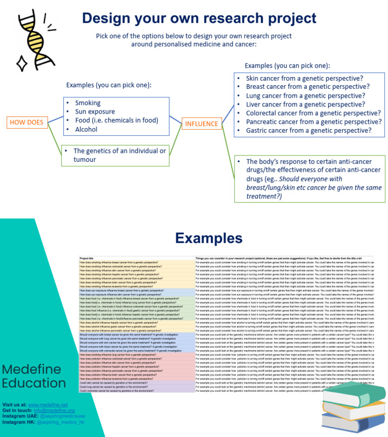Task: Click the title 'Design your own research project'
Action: pyautogui.click(x=199, y=18)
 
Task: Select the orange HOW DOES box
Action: pyautogui.click(x=27, y=122)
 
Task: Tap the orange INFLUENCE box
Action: pyautogui.click(x=202, y=124)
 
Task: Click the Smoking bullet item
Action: pyautogui.click(x=87, y=103)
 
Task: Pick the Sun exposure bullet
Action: pyautogui.click(x=94, y=112)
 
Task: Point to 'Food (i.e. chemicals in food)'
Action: pyautogui.click(x=116, y=120)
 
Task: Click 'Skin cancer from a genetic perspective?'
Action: pyautogui.click(x=305, y=79)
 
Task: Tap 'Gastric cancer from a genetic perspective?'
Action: pyautogui.click(x=308, y=130)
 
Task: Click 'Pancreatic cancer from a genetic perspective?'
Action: pyautogui.click(x=313, y=122)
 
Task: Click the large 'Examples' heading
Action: pyautogui.click(x=209, y=238)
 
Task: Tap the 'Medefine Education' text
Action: pyautogui.click(x=34, y=375)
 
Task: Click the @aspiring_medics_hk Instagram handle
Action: pyautogui.click(x=58, y=421)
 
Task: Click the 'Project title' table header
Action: pyautogui.click(x=87, y=258)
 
